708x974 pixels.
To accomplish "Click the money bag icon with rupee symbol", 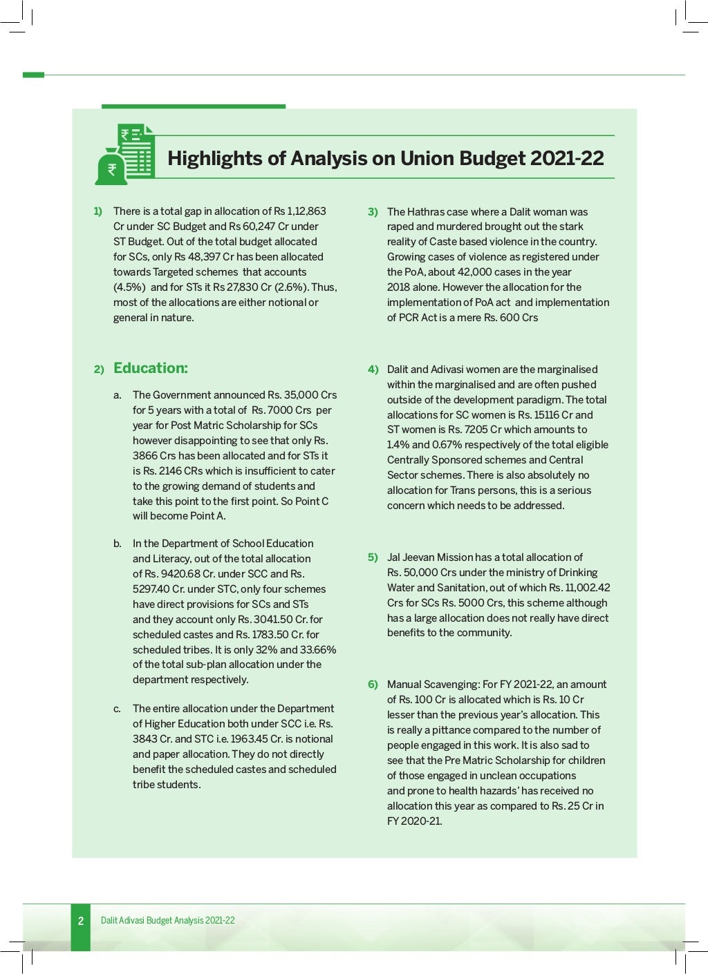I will click(x=111, y=168).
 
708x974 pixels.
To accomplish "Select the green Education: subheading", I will click(x=150, y=368).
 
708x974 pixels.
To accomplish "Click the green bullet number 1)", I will click(x=97, y=211).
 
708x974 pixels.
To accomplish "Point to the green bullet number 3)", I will click(x=373, y=212).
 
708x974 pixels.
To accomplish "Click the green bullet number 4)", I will click(x=373, y=370).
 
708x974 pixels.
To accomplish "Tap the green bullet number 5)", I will click(x=373, y=557).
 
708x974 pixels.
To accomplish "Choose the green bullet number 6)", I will click(x=373, y=685).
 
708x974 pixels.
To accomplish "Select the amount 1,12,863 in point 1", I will click(x=306, y=211).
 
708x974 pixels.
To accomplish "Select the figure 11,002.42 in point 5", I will click(x=587, y=588).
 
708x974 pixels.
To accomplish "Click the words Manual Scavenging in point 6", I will click(x=433, y=685).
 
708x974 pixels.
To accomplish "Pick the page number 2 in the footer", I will click(x=81, y=921).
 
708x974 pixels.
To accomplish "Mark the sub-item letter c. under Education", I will click(x=118, y=709).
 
